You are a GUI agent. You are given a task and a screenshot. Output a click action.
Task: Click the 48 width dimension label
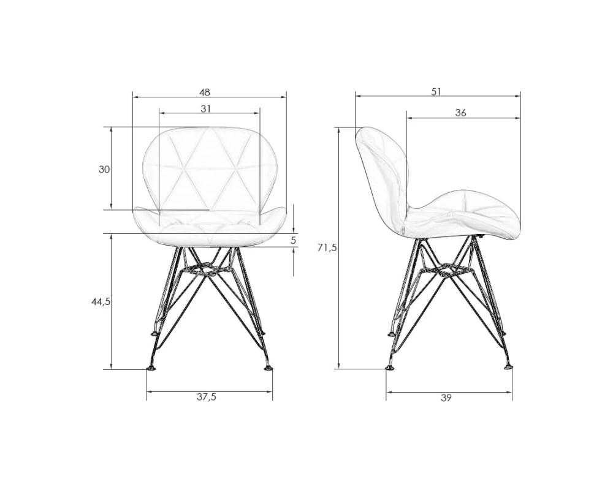pyautogui.click(x=205, y=92)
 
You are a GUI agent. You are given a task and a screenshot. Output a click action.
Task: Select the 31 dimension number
pyautogui.click(x=205, y=108)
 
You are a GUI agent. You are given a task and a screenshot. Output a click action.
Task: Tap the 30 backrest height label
pyautogui.click(x=104, y=170)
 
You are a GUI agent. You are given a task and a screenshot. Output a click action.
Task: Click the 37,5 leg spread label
pyautogui.click(x=207, y=397)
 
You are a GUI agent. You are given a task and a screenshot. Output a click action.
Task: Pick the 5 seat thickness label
pyautogui.click(x=293, y=240)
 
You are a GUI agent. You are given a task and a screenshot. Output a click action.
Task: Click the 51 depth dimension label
pyautogui.click(x=436, y=92)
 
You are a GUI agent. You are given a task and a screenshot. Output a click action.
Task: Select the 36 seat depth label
pyautogui.click(x=461, y=113)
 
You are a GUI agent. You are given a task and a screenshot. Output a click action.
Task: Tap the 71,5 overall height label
pyautogui.click(x=327, y=247)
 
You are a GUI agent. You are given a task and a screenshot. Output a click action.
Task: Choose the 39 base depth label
pyautogui.click(x=446, y=398)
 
